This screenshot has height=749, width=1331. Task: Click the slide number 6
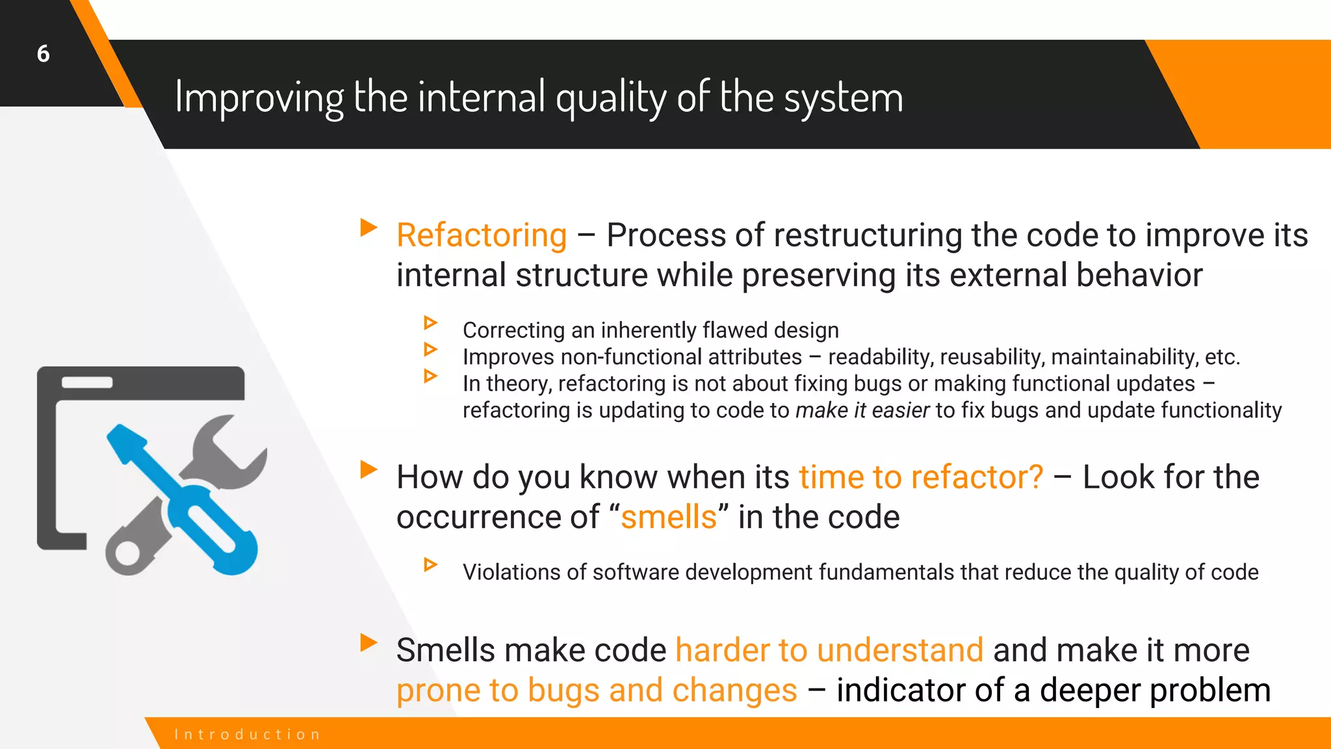[43, 54]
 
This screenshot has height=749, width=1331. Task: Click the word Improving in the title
[259, 98]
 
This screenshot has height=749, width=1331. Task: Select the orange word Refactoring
[482, 235]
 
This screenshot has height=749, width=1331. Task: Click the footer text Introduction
[248, 735]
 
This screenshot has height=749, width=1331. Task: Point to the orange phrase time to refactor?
[920, 477]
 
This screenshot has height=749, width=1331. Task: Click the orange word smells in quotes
[668, 518]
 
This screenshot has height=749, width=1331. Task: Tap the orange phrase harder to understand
[829, 650]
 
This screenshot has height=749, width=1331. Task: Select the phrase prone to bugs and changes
[597, 690]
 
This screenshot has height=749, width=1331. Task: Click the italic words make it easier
[862, 411]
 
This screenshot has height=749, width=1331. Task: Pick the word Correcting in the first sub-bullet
[513, 330]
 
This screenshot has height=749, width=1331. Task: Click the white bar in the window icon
[87, 383]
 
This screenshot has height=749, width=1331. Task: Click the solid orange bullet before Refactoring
[368, 228]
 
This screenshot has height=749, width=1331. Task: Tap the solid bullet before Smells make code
[368, 642]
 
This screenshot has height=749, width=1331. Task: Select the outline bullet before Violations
[430, 564]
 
